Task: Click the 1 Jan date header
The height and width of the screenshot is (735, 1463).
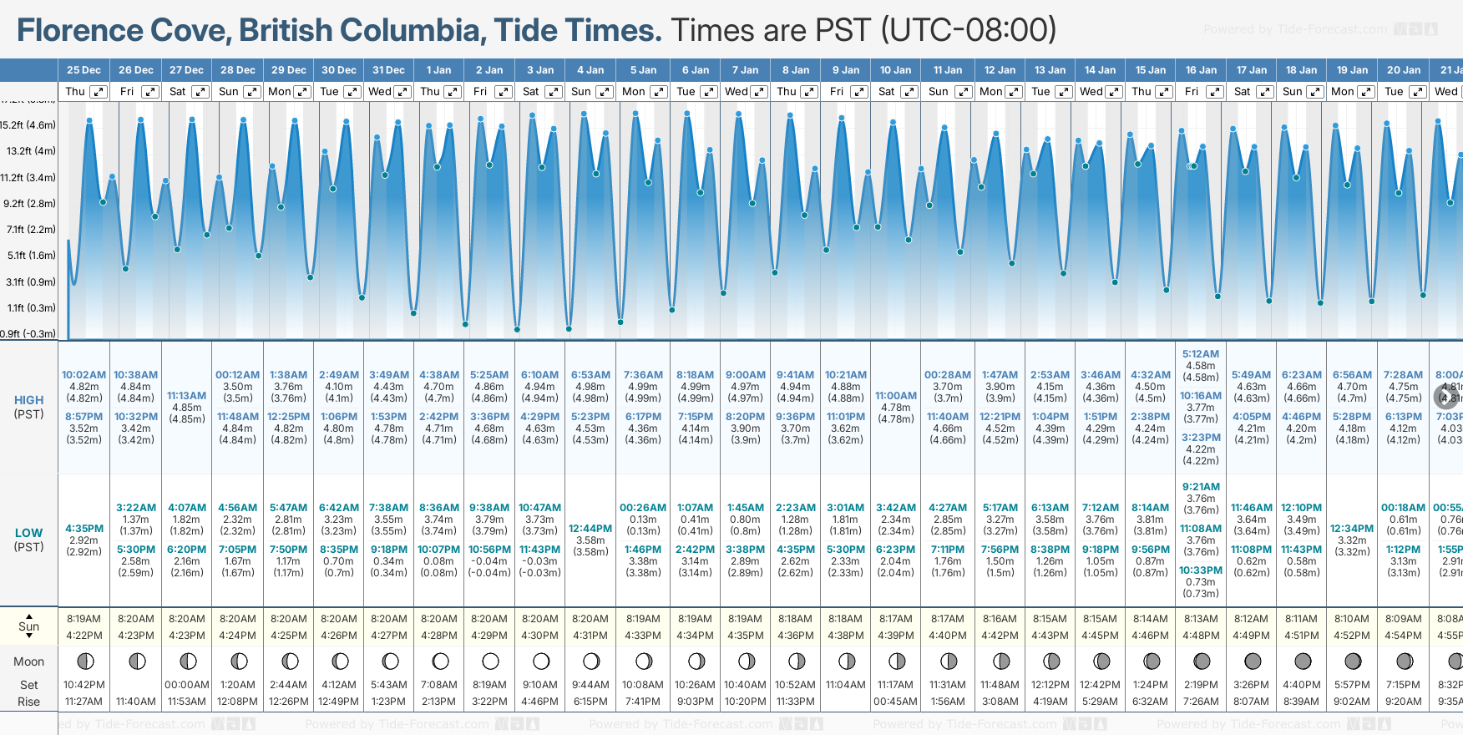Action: pyautogui.click(x=438, y=70)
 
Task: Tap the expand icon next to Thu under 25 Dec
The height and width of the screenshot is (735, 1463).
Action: pyautogui.click(x=99, y=92)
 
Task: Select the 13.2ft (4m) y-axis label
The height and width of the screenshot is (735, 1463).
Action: pyautogui.click(x=31, y=151)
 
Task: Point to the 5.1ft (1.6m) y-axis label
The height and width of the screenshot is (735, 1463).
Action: pyautogui.click(x=31, y=256)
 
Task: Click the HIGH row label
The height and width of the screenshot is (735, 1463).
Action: pyautogui.click(x=28, y=400)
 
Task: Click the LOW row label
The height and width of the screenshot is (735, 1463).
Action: pyautogui.click(x=28, y=533)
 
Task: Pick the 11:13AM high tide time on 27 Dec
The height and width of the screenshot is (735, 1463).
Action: pyautogui.click(x=187, y=396)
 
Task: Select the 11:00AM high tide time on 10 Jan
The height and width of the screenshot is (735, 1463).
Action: pyautogui.click(x=896, y=396)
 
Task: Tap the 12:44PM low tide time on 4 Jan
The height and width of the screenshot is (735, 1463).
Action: pyautogui.click(x=590, y=529)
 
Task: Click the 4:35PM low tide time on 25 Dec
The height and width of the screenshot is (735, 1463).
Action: pyautogui.click(x=84, y=529)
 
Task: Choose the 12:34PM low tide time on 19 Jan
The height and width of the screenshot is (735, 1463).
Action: pyautogui.click(x=1352, y=529)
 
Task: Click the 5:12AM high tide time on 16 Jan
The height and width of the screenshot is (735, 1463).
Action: pyautogui.click(x=1201, y=354)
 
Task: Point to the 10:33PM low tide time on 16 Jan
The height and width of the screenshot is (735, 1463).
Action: pyautogui.click(x=1201, y=570)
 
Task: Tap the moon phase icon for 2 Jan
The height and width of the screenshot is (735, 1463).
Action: pyautogui.click(x=490, y=661)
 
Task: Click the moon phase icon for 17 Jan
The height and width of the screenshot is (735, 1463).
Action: pyautogui.click(x=1252, y=661)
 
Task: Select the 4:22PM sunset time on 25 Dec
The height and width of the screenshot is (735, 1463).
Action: pyautogui.click(x=84, y=636)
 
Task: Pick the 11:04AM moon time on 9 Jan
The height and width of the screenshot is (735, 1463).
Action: pyautogui.click(x=846, y=685)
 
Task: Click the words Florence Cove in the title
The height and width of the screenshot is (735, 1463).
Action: pyautogui.click(x=122, y=31)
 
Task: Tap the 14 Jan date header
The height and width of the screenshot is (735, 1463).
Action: pyautogui.click(x=1100, y=70)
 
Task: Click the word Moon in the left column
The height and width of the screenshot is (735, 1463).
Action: pyautogui.click(x=28, y=661)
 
